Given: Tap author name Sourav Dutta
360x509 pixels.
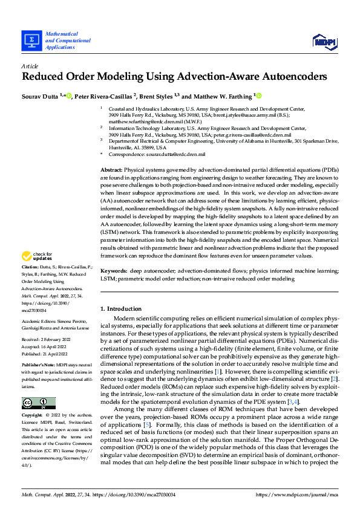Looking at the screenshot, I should [39, 96].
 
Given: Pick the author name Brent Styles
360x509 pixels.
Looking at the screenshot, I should [157, 96].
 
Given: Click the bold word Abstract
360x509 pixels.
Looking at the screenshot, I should [111, 171].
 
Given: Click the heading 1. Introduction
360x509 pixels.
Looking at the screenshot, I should [122, 309].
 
